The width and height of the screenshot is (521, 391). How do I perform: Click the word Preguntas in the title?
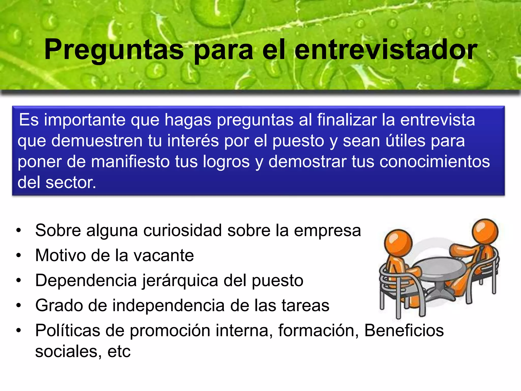[x=114, y=50]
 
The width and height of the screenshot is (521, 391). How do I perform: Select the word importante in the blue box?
[x=85, y=120]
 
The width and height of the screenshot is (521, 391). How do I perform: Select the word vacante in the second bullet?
[x=164, y=255]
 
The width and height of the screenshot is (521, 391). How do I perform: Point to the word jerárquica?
[x=180, y=281]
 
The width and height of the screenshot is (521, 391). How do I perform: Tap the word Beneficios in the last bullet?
[x=404, y=330]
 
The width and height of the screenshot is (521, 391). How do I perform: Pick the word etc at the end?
[x=119, y=352]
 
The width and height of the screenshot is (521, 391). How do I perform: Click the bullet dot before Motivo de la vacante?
[x=19, y=255]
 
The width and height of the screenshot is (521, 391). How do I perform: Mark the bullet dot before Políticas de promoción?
[x=19, y=330]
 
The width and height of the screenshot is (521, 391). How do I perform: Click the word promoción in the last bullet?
[x=170, y=330]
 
